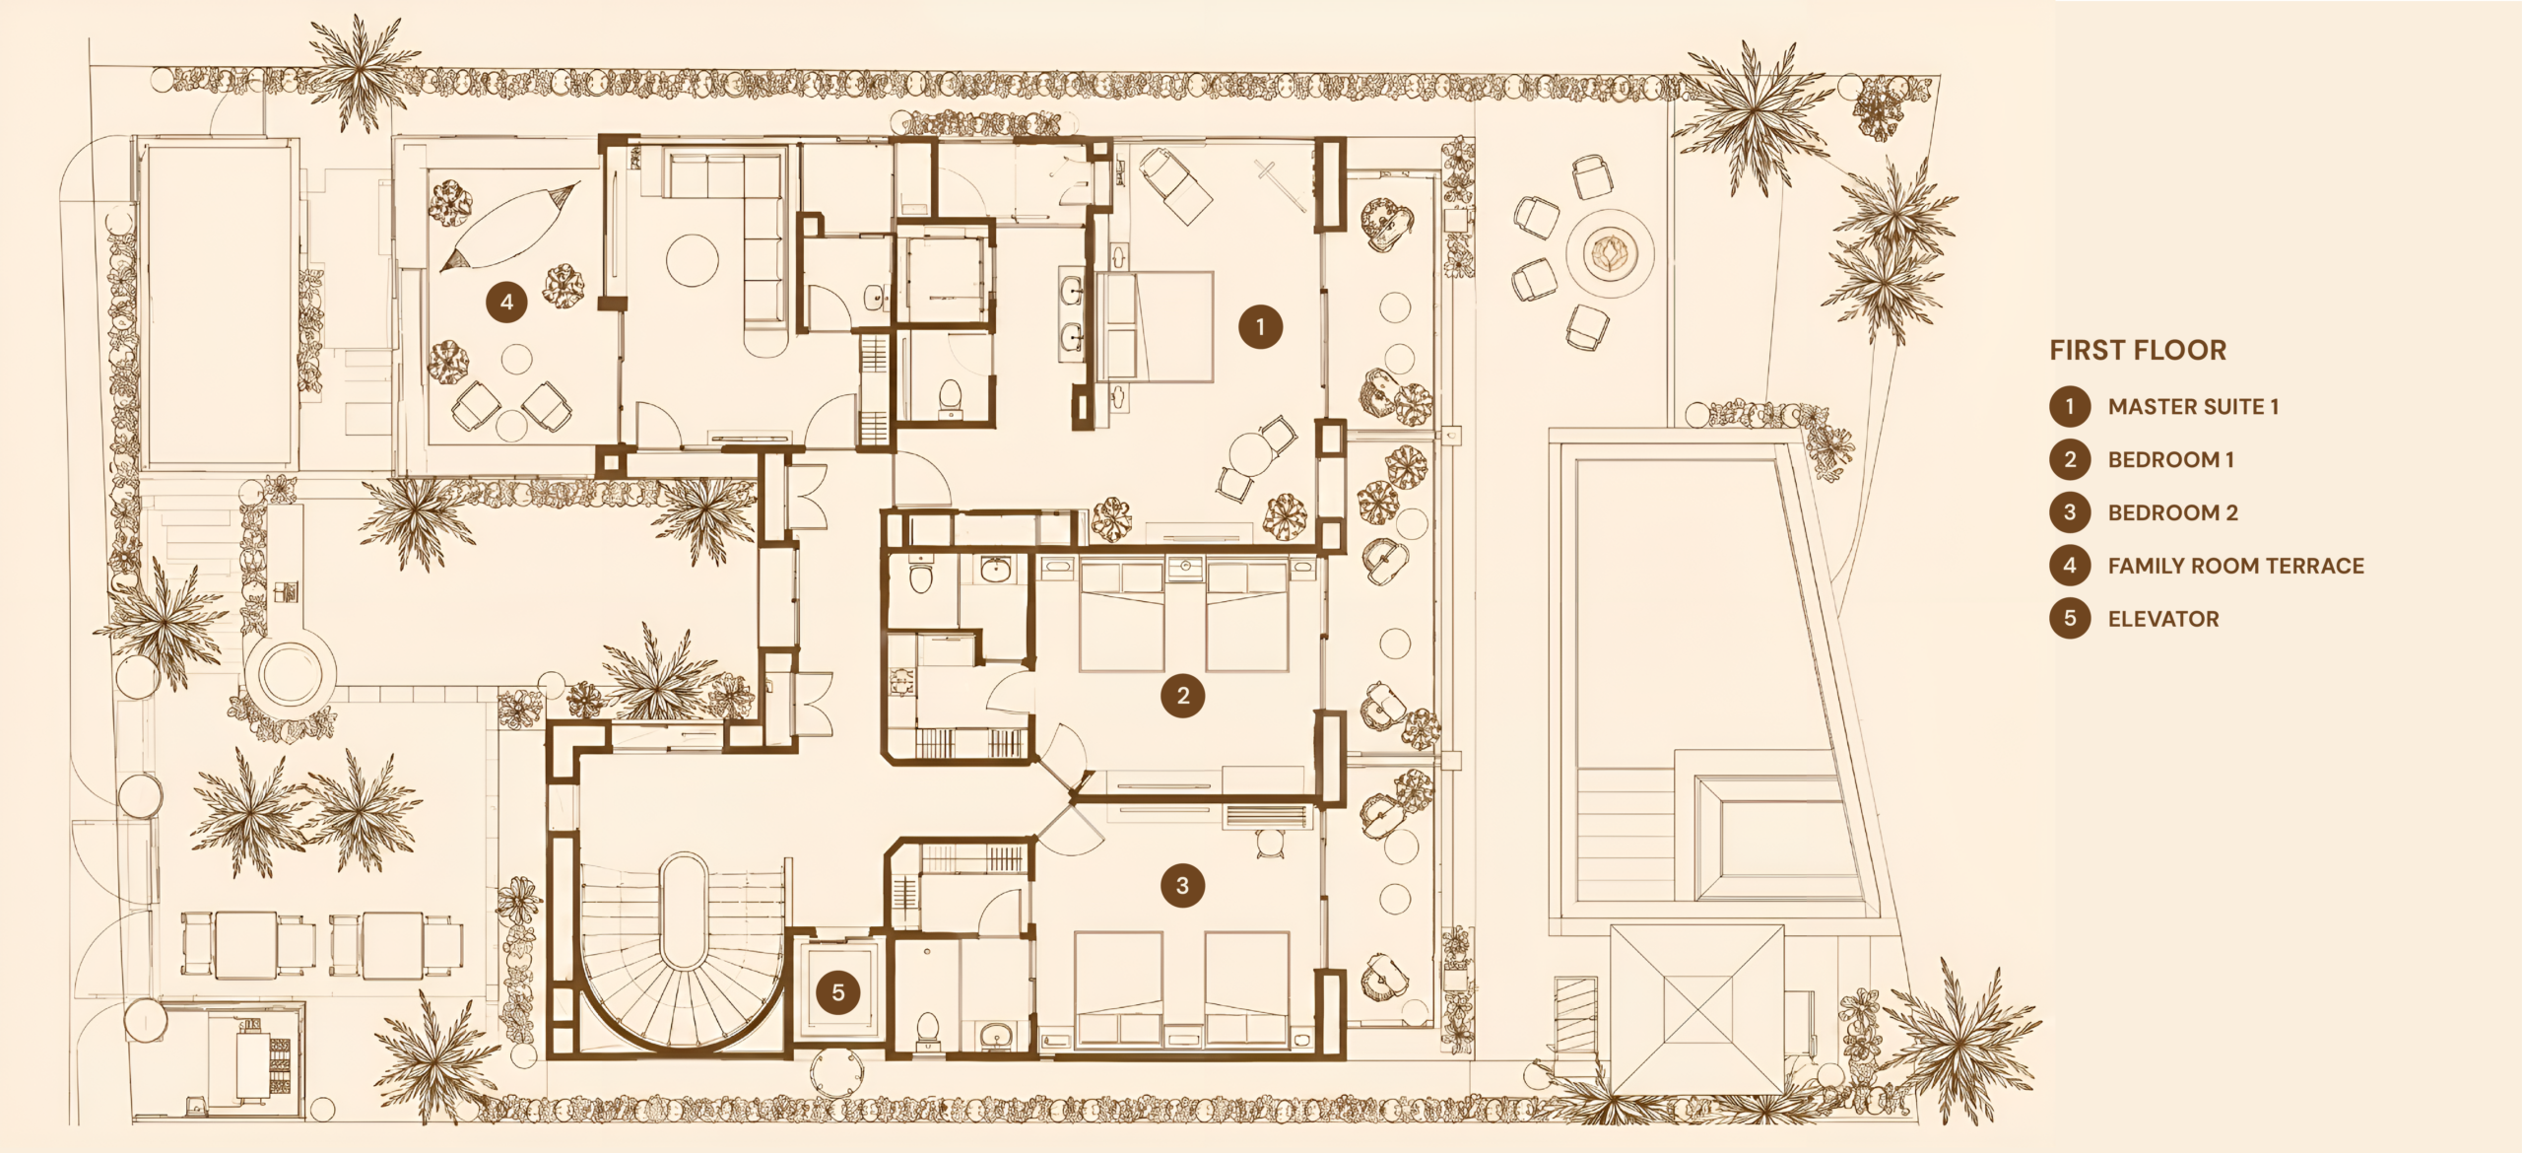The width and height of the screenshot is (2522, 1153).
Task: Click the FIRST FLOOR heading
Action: click(x=2138, y=350)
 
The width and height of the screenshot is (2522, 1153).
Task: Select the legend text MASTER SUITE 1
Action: click(x=2193, y=407)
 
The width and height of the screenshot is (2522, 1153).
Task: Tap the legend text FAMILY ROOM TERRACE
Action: click(x=2235, y=566)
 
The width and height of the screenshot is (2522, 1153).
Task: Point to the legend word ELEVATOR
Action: click(x=2163, y=619)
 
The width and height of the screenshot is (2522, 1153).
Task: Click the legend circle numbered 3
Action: click(x=2070, y=512)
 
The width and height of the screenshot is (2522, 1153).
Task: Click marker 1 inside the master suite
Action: click(x=1260, y=327)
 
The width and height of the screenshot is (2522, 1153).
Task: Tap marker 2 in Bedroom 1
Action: click(x=1183, y=696)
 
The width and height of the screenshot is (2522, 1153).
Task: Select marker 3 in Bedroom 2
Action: click(x=1182, y=886)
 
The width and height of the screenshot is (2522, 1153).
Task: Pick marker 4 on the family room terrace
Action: click(x=506, y=302)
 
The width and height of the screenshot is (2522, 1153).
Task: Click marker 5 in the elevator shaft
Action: click(x=838, y=991)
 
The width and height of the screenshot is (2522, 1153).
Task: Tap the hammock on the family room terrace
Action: click(x=509, y=227)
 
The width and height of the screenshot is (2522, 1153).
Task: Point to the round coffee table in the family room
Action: click(x=692, y=259)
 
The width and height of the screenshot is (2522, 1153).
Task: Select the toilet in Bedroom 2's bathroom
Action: click(x=927, y=1030)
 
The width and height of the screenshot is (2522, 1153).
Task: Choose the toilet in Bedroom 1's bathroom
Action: click(x=920, y=575)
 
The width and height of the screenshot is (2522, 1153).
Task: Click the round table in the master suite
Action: click(x=1248, y=454)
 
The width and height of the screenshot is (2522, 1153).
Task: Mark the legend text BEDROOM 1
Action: click(x=2171, y=460)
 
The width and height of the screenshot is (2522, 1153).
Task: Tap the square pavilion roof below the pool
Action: click(x=1697, y=1009)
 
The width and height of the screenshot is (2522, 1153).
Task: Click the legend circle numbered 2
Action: click(x=2070, y=459)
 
